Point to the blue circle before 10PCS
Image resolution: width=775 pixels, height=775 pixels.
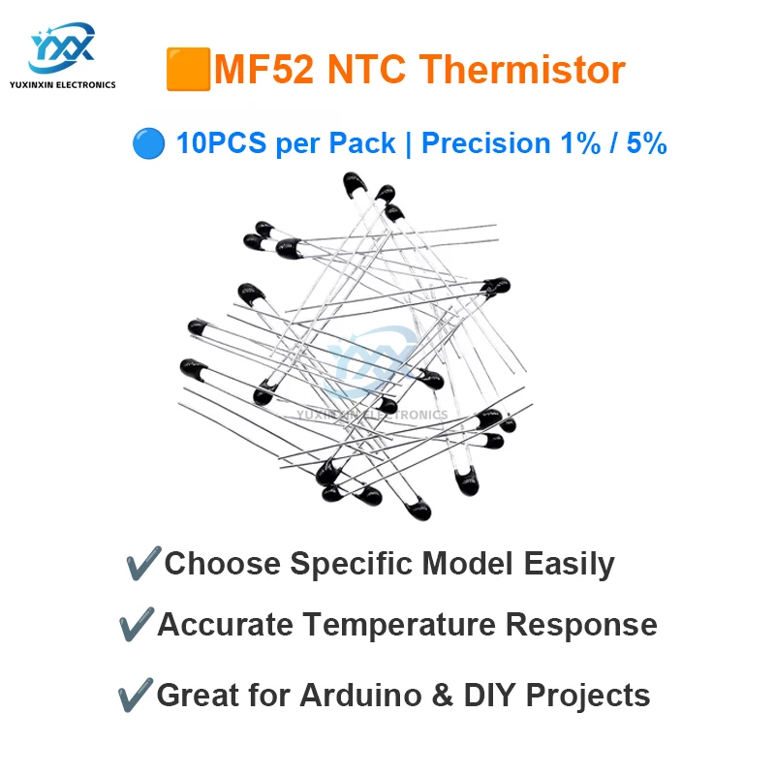pos(148,144)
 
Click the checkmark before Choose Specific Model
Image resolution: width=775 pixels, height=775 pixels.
pos(143,564)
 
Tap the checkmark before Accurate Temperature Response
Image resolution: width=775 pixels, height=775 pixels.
pos(135,625)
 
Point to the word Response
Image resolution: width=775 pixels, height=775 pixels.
pos(581,625)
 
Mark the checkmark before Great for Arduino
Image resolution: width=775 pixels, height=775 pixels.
pos(135,695)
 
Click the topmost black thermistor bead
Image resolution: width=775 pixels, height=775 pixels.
pos(355,181)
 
